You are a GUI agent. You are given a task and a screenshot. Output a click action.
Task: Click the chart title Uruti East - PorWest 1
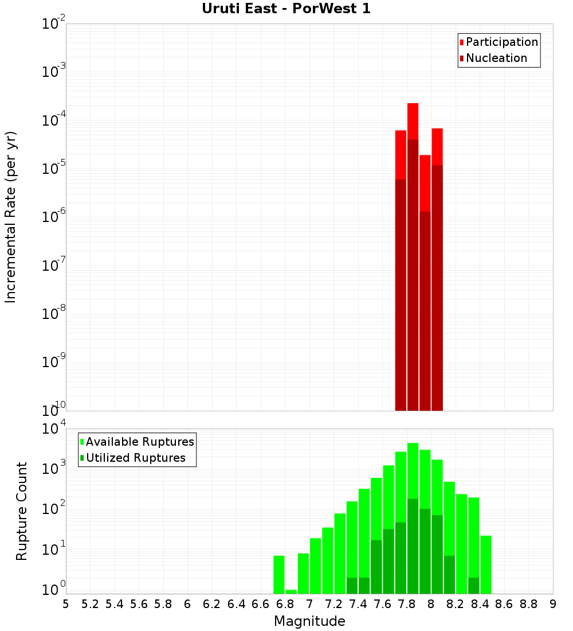point(286,9)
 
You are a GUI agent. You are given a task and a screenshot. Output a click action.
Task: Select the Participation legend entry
point(501,42)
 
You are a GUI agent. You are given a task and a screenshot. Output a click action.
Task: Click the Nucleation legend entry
point(496,58)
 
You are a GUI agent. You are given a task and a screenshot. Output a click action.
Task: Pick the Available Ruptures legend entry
point(139,442)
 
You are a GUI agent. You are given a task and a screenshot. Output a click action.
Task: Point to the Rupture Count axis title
point(22,511)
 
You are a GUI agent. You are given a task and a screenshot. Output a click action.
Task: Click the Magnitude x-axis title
point(309,621)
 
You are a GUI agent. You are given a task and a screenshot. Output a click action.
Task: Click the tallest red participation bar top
point(413,104)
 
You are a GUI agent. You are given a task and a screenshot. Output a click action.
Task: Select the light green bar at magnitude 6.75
point(279,574)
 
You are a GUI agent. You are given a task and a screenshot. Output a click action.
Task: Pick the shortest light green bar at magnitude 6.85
point(291,591)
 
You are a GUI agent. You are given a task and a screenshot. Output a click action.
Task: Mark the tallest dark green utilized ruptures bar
point(413,545)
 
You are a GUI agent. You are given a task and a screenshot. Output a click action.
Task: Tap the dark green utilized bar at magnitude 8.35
point(474,585)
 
